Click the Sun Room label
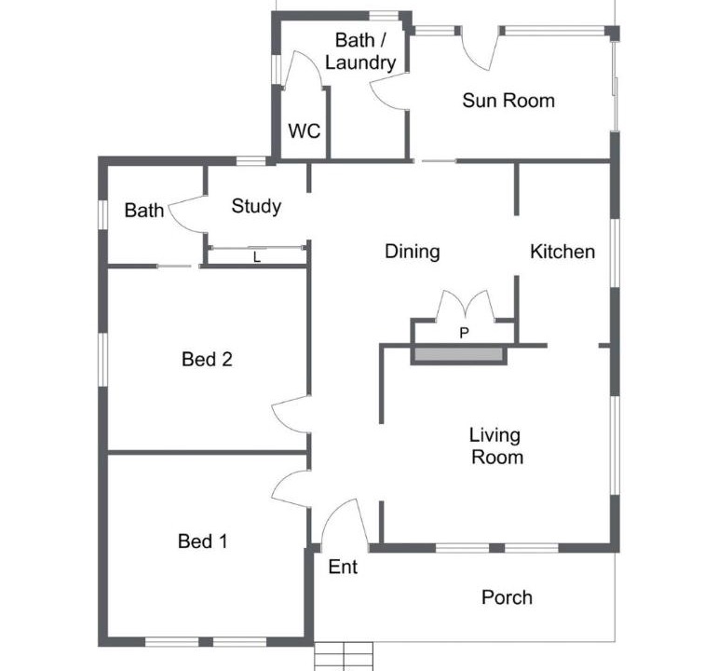click(508, 101)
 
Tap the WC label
click(305, 131)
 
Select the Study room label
click(256, 206)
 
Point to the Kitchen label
click(562, 252)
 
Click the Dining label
click(413, 252)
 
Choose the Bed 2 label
click(207, 359)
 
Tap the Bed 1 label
click(202, 541)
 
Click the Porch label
click(507, 597)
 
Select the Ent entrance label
click(343, 567)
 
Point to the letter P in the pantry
click(464, 333)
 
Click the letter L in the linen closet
click(257, 257)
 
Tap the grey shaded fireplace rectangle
click(459, 354)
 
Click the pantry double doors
click(466, 304)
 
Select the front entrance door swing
click(345, 522)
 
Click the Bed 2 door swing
click(291, 414)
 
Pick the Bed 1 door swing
click(291, 488)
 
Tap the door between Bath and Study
click(186, 214)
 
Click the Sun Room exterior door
click(480, 48)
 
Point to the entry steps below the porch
click(344, 656)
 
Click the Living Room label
click(496, 446)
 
